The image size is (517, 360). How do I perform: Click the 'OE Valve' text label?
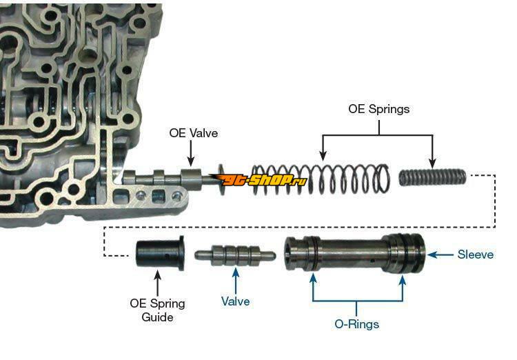194,133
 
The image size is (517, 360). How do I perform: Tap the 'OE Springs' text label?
378,109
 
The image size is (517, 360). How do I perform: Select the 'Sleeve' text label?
476,254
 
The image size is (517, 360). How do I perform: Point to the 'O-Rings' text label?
357,323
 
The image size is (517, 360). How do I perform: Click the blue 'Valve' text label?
235,301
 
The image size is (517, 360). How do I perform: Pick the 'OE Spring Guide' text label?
157,310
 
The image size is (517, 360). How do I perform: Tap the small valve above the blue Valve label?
235,255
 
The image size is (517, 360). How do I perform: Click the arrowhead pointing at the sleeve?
433,254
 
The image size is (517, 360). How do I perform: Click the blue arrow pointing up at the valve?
235,276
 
